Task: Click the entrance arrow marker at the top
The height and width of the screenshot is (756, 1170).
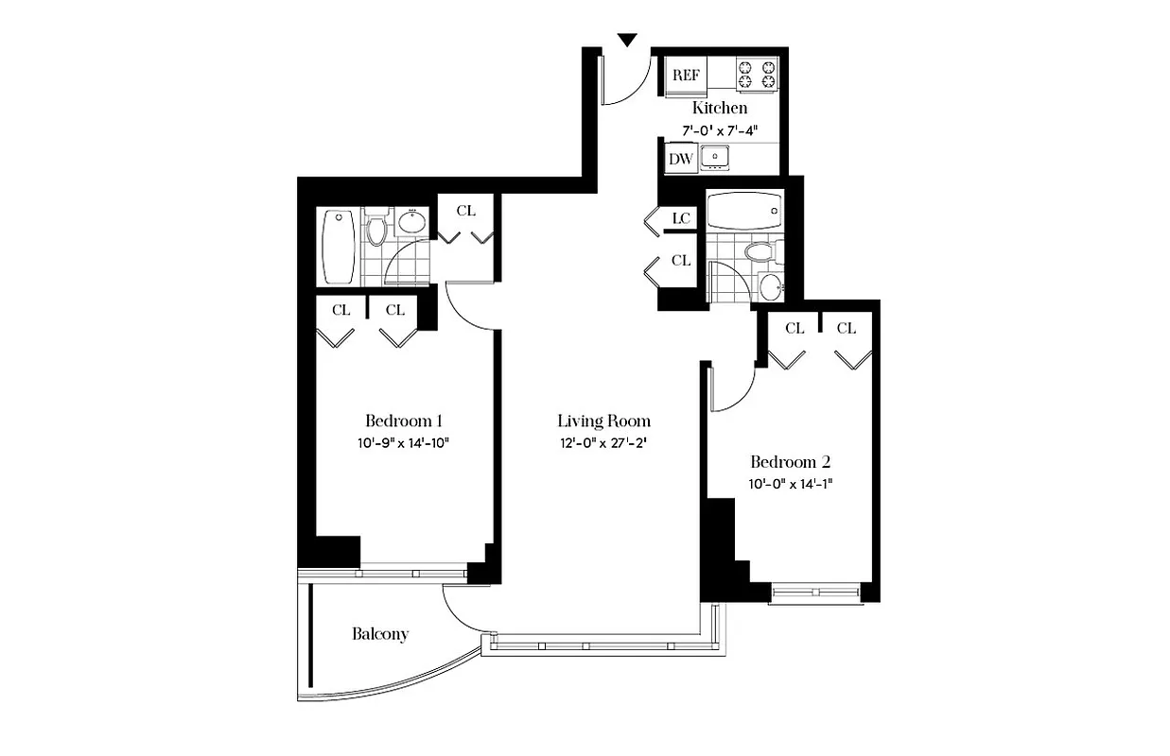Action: (626, 40)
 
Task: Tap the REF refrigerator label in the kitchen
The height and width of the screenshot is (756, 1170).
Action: (685, 74)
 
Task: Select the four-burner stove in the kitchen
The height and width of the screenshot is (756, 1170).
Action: (758, 75)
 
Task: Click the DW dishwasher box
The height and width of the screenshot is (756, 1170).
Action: (681, 159)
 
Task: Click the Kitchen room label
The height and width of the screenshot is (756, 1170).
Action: (720, 108)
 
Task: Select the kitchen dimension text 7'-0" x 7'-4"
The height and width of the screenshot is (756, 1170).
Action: (720, 131)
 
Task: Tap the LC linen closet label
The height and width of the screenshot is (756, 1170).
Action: (681, 218)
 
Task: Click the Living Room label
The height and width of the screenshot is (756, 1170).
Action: (603, 421)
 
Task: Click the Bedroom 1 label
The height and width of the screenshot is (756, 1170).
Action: (405, 421)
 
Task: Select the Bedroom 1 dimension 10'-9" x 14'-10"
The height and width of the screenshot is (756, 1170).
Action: (405, 443)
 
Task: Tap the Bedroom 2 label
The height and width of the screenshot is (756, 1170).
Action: (790, 462)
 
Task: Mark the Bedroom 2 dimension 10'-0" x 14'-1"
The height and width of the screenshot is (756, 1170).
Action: (790, 485)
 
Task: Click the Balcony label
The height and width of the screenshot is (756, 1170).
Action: (380, 633)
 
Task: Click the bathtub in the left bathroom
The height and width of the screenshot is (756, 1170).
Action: (339, 246)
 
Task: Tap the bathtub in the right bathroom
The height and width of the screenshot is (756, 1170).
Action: (744, 211)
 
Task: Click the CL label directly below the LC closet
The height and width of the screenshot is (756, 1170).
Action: (681, 260)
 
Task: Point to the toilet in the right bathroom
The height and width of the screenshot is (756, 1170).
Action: (760, 252)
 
